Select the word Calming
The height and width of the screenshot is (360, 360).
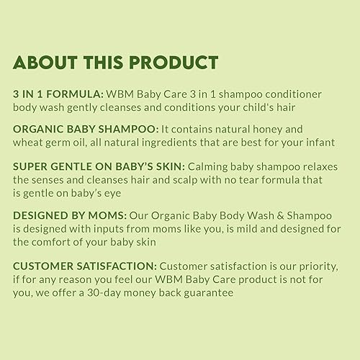point(196,166)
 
